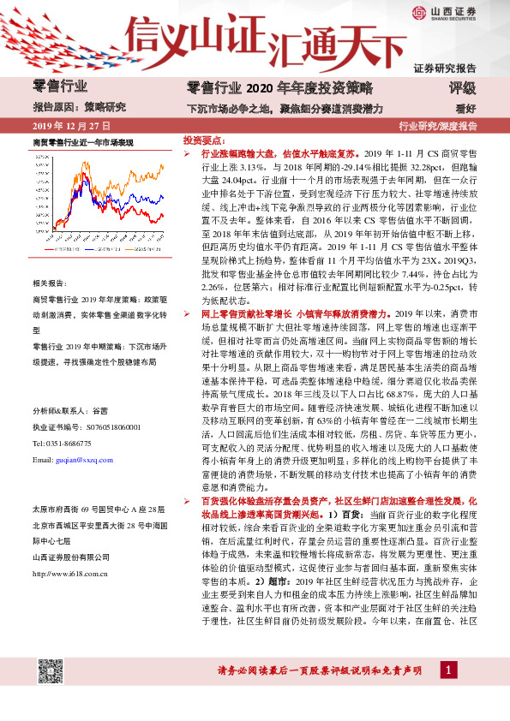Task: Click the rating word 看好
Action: pos(465,108)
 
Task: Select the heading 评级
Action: pos(462,88)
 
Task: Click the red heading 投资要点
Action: pos(203,139)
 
